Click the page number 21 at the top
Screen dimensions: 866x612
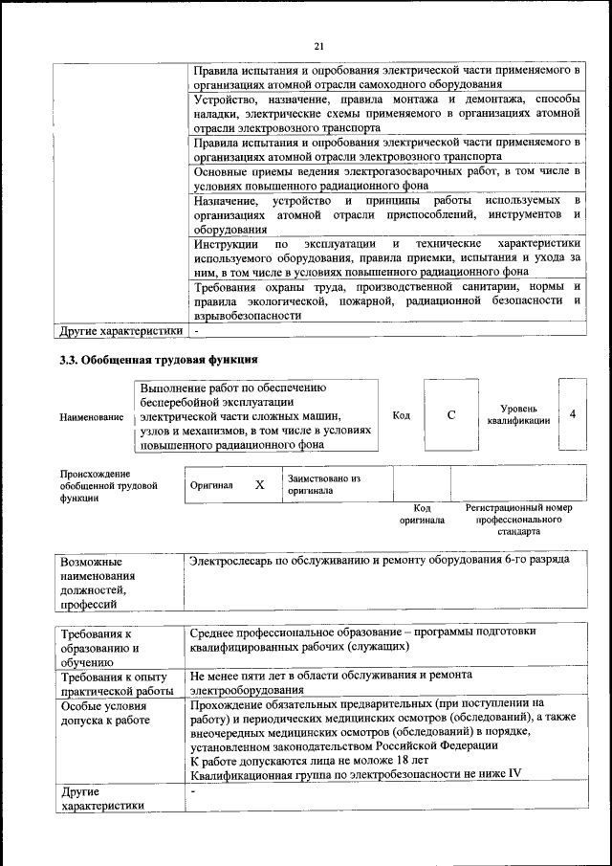point(318,45)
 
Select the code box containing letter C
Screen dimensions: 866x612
point(451,415)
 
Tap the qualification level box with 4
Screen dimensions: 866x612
point(572,414)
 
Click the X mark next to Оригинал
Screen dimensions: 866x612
point(259,485)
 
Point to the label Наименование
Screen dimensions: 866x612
point(91,417)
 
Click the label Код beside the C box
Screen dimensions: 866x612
point(402,415)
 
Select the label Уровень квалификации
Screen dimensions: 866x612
point(518,414)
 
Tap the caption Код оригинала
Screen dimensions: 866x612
point(422,514)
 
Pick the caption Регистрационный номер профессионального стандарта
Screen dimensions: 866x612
point(518,519)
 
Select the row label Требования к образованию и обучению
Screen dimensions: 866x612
point(97,647)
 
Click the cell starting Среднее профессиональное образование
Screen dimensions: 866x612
point(363,639)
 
